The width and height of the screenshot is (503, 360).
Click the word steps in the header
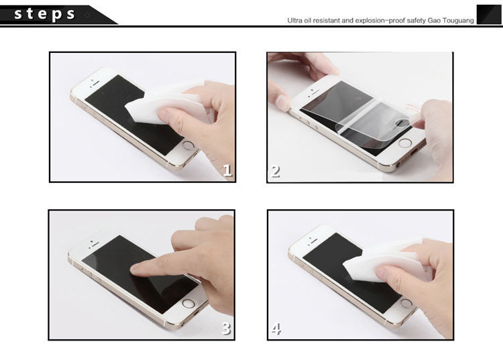point(44,15)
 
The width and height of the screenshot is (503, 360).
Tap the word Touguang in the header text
point(458,21)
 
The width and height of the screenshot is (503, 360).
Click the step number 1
point(227,170)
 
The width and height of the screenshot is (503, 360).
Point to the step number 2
point(275,172)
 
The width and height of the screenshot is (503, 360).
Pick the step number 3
point(227,328)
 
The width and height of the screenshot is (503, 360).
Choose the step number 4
point(276,329)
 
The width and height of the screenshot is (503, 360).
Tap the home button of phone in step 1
point(188,145)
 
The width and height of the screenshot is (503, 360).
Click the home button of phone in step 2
point(405,143)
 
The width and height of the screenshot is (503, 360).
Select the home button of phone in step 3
point(188,303)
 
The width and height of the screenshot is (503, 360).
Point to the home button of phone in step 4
point(406,303)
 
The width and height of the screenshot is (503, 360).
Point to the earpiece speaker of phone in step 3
point(94,245)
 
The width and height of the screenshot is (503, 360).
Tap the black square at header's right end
point(488,15)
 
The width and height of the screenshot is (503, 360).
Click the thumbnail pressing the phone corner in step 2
point(282,103)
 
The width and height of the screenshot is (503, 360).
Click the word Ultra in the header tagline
point(294,21)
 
